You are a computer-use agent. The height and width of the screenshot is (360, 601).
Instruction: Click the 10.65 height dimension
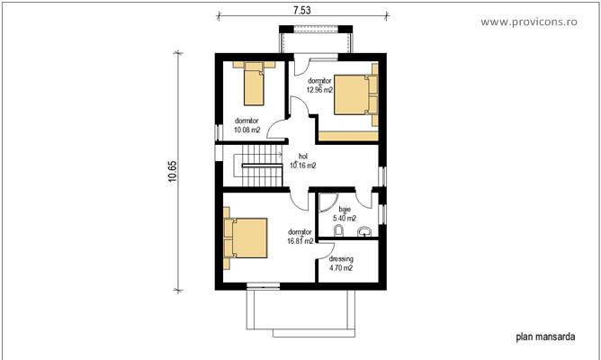[x=172, y=171]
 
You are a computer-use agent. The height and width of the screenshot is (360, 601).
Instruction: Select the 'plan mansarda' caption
[x=546, y=338]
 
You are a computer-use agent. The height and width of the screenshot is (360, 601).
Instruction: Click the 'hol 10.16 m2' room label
[x=301, y=160]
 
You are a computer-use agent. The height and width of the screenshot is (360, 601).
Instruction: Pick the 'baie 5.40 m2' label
[x=345, y=213]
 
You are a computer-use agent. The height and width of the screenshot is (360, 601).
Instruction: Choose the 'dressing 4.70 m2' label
[x=340, y=263]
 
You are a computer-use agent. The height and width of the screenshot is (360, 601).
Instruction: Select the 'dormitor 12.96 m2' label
[x=319, y=85]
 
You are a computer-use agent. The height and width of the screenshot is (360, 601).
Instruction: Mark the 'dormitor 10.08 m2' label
[x=247, y=125]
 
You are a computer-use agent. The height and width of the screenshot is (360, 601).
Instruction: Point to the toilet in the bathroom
[x=338, y=232]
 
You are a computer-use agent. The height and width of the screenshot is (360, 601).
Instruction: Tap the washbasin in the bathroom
[x=363, y=233]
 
